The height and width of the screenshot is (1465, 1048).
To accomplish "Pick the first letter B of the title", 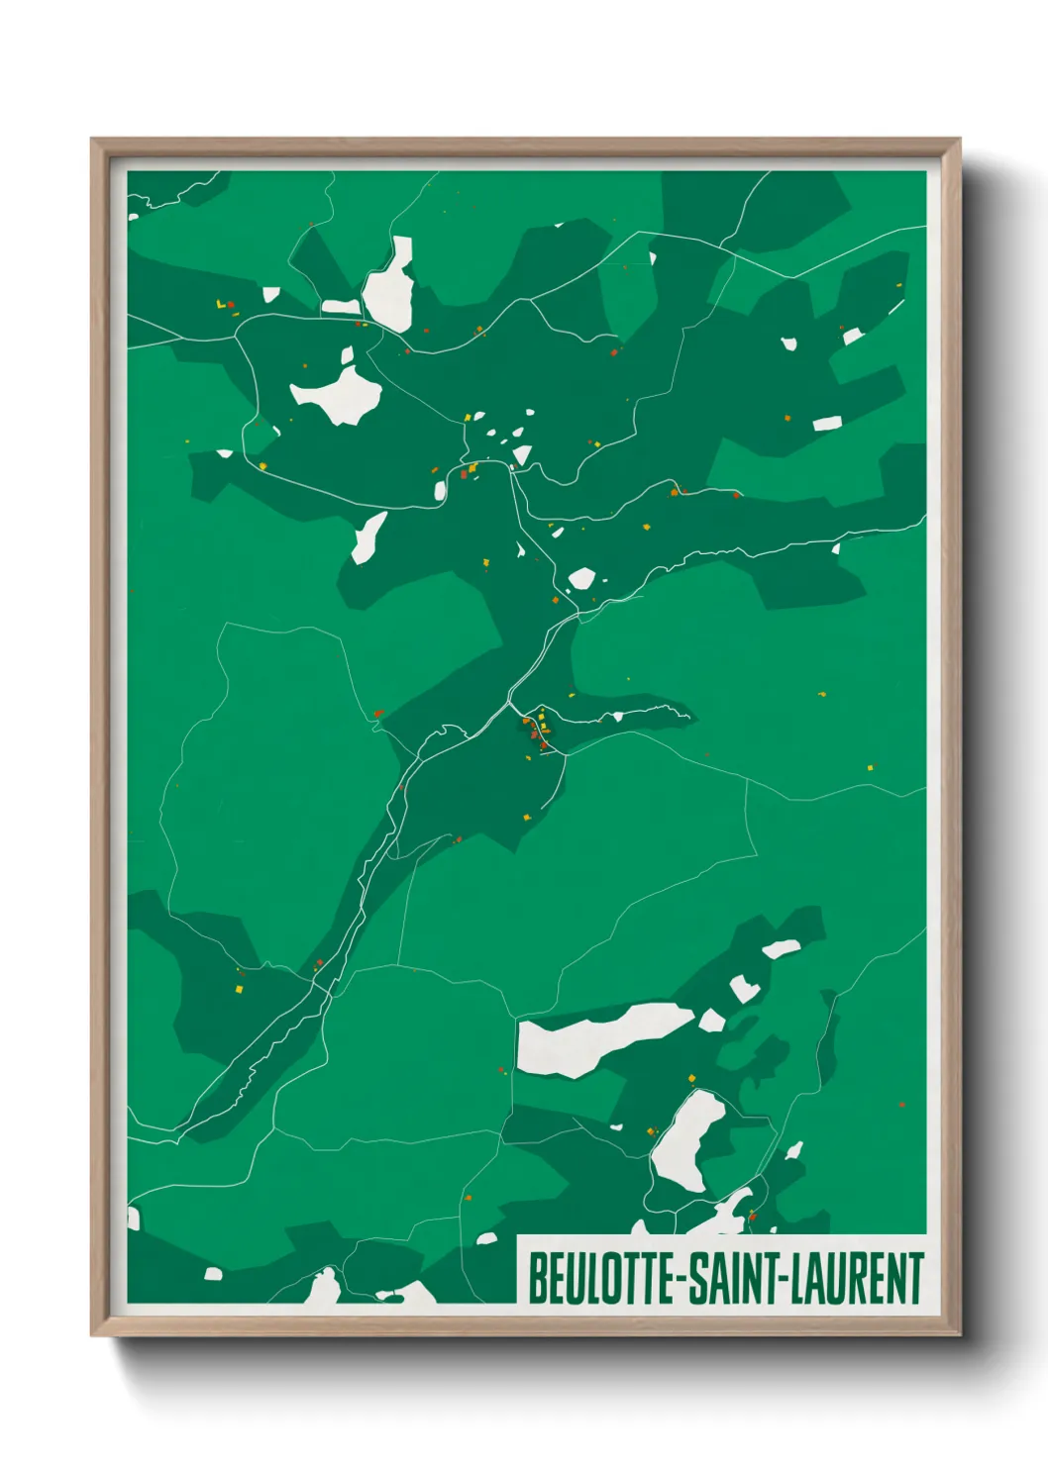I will click(x=536, y=1278).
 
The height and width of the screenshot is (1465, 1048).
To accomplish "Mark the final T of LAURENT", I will click(x=917, y=1278).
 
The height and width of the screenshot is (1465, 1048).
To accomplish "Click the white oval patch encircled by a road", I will click(x=687, y=1139).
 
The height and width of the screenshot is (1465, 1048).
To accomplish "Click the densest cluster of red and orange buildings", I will click(x=536, y=731).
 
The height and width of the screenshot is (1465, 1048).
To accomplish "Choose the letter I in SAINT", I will click(x=739, y=1278).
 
